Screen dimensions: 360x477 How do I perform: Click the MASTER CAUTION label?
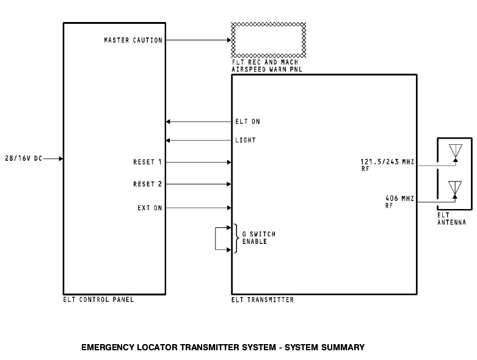click(x=133, y=40)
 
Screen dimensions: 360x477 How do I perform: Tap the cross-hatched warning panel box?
click(x=268, y=40)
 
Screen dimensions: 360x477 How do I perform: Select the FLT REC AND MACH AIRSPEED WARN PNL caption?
click(x=268, y=66)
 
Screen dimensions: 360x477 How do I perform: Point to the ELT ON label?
click(x=247, y=122)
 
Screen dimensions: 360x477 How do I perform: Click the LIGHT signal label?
click(x=246, y=141)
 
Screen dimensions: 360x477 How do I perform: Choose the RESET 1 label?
click(x=147, y=163)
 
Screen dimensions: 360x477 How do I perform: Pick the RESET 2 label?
click(x=147, y=184)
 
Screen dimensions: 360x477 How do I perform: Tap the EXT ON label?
click(x=150, y=208)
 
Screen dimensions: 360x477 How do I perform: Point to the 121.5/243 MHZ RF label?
click(x=387, y=164)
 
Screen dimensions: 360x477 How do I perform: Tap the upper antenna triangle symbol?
click(x=455, y=150)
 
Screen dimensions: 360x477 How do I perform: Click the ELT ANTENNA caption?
click(x=451, y=219)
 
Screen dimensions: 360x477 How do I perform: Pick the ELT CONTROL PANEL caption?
click(x=98, y=300)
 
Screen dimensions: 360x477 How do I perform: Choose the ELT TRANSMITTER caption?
click(x=262, y=300)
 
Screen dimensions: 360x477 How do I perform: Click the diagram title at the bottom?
click(x=222, y=347)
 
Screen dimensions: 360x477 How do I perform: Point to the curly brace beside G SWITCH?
click(x=235, y=238)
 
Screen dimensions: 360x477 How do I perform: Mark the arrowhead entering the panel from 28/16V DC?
click(x=61, y=159)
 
